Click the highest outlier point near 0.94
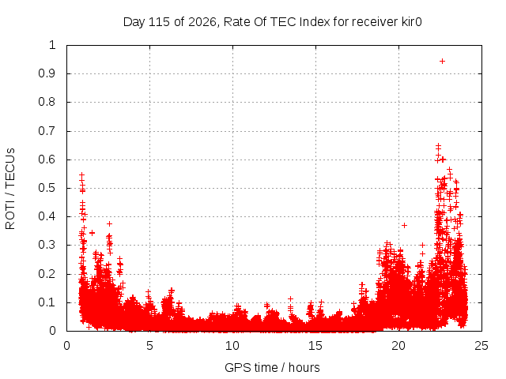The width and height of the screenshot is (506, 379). pos(442,62)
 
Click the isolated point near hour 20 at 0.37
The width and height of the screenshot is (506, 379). pos(404,225)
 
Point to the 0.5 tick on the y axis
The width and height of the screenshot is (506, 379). pos(47,188)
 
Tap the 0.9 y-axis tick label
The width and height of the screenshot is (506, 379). pos(47,73)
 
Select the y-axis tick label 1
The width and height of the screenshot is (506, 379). pos(53,45)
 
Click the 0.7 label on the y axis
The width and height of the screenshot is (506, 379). pos(47,131)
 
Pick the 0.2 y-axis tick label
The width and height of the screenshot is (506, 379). pos(47,274)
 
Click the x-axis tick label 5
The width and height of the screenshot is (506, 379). pos(149,346)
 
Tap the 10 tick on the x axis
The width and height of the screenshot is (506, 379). pos(232,346)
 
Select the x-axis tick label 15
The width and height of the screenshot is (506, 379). pos(315,346)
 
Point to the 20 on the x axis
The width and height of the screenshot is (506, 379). pos(398,346)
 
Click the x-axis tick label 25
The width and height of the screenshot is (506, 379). pos(481,346)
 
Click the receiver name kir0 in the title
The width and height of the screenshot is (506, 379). pos(412,22)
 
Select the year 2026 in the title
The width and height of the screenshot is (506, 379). pos(202,22)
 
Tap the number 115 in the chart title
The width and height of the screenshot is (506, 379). pos(160,22)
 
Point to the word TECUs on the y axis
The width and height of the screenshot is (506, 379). pos(10,168)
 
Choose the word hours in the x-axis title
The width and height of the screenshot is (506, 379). pos(304,367)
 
